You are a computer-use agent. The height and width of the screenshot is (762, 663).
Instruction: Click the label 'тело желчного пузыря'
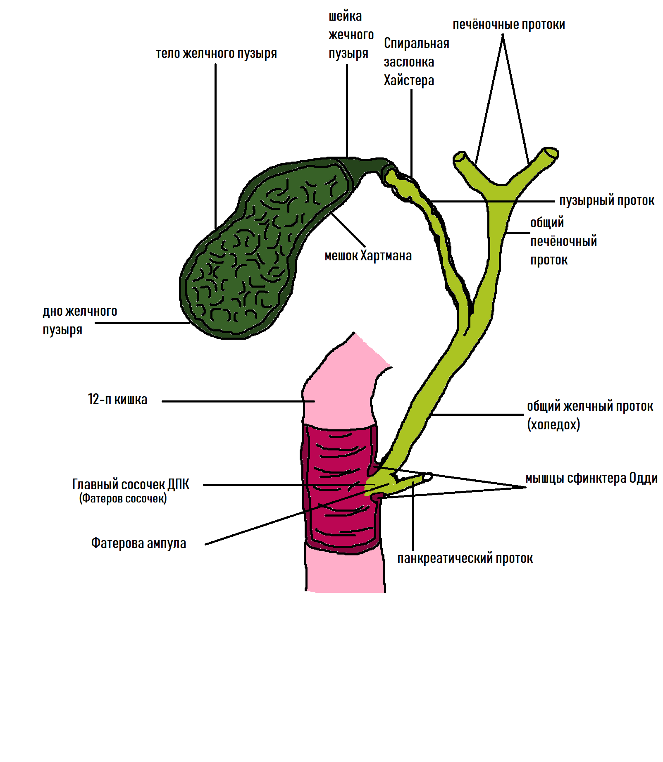pos(216,54)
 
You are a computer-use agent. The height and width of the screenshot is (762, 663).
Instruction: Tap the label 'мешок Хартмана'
pos(368,256)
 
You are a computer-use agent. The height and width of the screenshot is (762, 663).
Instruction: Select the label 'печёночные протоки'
pos(508,25)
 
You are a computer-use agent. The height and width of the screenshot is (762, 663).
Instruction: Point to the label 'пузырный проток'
pos(606,201)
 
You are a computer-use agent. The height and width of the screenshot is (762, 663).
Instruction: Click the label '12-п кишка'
pos(117,400)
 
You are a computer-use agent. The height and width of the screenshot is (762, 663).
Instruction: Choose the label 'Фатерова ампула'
pos(138,543)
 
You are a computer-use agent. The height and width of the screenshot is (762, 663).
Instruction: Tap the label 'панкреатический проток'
pos(465,558)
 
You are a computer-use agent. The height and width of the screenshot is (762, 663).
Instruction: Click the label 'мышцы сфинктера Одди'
pos(591,478)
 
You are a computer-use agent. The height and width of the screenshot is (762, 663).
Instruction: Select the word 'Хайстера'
pos(409,80)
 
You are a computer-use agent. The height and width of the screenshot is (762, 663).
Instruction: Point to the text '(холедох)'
pos(553,424)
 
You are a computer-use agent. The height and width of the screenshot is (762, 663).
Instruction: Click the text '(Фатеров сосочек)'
pos(123,498)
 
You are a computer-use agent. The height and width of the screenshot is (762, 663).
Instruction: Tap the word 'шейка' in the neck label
pos(345,17)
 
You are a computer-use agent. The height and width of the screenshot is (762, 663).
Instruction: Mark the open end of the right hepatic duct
pos(551,153)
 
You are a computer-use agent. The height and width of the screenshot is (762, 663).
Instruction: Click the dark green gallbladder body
pos(248,256)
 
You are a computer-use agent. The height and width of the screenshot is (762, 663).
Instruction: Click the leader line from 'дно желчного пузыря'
pos(143,323)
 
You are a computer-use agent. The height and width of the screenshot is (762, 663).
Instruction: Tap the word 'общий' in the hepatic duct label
pos(547,223)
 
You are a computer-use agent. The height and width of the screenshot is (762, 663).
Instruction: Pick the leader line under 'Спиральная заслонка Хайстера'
pos(411,132)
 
